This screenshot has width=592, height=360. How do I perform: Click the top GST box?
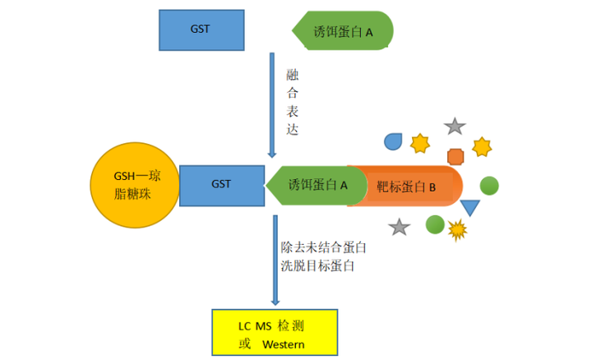[x=201, y=30]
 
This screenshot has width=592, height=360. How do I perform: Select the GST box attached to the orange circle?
[x=221, y=185]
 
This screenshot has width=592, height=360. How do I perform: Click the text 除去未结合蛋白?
[x=323, y=247]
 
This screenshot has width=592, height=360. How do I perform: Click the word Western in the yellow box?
[x=284, y=344]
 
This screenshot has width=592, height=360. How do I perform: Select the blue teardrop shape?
[x=394, y=141]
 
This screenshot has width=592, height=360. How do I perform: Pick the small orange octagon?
[x=456, y=156]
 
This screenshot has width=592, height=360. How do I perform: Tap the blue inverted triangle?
[x=469, y=207]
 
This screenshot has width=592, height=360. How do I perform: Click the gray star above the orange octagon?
[x=455, y=127]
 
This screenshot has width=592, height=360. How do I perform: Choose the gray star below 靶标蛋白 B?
[x=399, y=227]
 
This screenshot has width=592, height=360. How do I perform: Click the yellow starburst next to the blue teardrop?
[x=420, y=144]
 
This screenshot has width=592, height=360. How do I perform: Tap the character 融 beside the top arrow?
[x=293, y=75]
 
